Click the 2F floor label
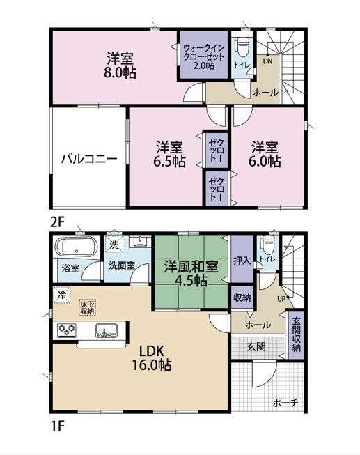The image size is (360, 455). pyautogui.click(x=57, y=222)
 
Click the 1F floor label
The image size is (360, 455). pyautogui.click(x=57, y=426)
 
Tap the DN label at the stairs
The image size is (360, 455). pyautogui.click(x=267, y=61)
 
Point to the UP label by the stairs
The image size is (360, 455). pyautogui.click(x=281, y=299)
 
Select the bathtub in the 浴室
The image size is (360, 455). pyautogui.click(x=76, y=247)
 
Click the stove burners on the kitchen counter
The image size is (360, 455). pyautogui.click(x=67, y=330)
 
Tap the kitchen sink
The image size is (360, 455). pyautogui.click(x=106, y=330)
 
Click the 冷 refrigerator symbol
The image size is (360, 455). pyautogui.click(x=61, y=295)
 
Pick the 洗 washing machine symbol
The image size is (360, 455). pyautogui.click(x=114, y=245)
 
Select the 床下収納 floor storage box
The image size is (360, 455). pyautogui.click(x=87, y=307)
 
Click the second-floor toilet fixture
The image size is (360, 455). pyautogui.click(x=242, y=49)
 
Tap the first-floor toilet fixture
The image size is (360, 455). pyautogui.click(x=268, y=245)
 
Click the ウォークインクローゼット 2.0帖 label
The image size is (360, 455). pyautogui.click(x=204, y=56)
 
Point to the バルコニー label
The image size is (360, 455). pyautogui.click(x=89, y=159)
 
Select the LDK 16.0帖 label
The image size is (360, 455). pyautogui.click(x=152, y=358)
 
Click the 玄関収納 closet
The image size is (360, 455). pyautogui.click(x=296, y=334)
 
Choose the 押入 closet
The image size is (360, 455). pyautogui.click(x=242, y=259)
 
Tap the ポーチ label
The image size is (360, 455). pyautogui.click(x=285, y=403)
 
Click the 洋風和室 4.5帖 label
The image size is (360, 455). pyautogui.click(x=191, y=273)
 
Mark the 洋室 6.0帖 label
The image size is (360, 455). pyautogui.click(x=265, y=154)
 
